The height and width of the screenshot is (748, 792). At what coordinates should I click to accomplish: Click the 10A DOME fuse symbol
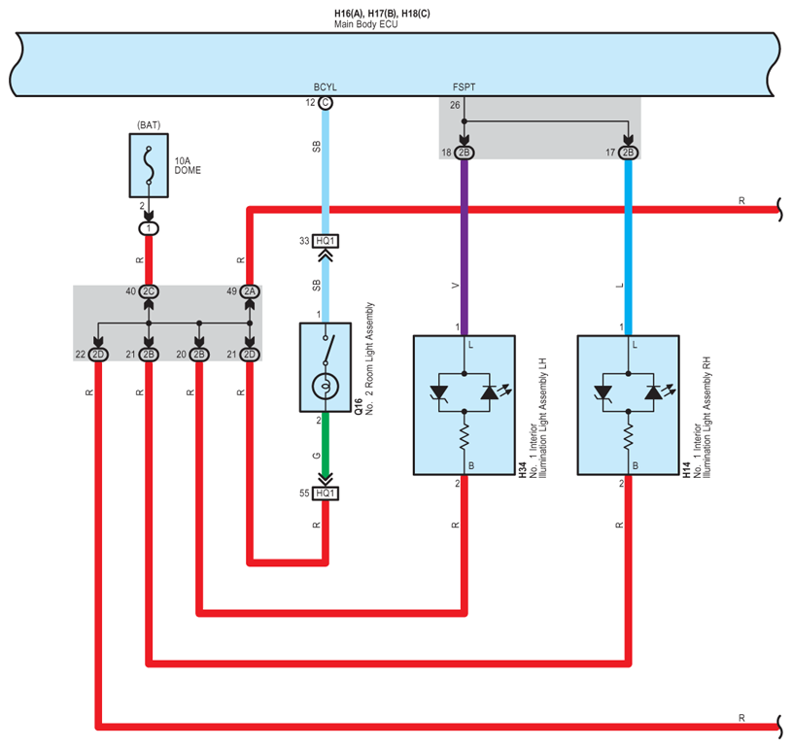coord(148,166)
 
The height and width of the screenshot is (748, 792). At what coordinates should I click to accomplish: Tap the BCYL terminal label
coord(325,86)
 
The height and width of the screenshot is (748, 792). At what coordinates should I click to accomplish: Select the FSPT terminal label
coord(464,86)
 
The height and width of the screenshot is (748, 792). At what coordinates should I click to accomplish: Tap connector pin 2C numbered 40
coord(149,291)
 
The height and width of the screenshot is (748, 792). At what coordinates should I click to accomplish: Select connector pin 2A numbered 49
coord(250,291)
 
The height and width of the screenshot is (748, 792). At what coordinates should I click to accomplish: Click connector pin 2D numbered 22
coord(98,355)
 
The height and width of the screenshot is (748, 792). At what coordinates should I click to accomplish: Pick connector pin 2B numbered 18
coord(464,153)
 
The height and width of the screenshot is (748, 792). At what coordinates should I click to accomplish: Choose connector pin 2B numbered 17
coord(629,153)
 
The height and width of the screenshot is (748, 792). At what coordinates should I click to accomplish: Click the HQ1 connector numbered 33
coord(325,241)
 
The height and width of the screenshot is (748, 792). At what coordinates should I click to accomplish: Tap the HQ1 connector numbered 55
coord(325,493)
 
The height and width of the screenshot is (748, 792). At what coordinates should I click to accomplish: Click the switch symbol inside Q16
coord(326,348)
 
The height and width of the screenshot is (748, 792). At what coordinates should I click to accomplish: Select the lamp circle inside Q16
coord(325,388)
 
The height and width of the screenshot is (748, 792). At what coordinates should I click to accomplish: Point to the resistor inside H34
coord(464,429)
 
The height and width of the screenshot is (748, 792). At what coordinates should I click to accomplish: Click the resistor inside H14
coord(629,429)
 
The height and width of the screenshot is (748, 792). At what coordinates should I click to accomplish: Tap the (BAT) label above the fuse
coord(148,125)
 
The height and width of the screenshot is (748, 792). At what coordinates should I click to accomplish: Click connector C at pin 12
coord(325,102)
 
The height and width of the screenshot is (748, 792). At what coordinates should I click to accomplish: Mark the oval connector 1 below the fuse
coord(148,227)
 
